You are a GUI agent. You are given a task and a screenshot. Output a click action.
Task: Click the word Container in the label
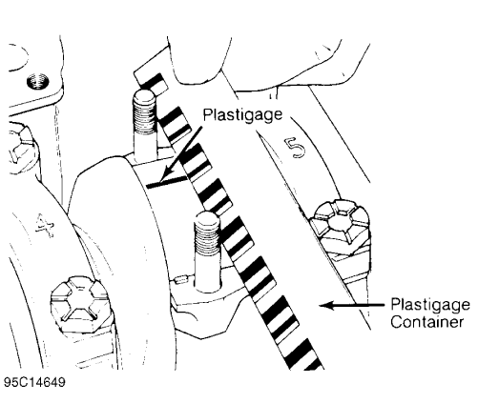[426, 322]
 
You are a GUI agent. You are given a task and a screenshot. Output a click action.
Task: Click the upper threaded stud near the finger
[143, 124]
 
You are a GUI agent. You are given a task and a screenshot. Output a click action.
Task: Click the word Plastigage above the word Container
[426, 305]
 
